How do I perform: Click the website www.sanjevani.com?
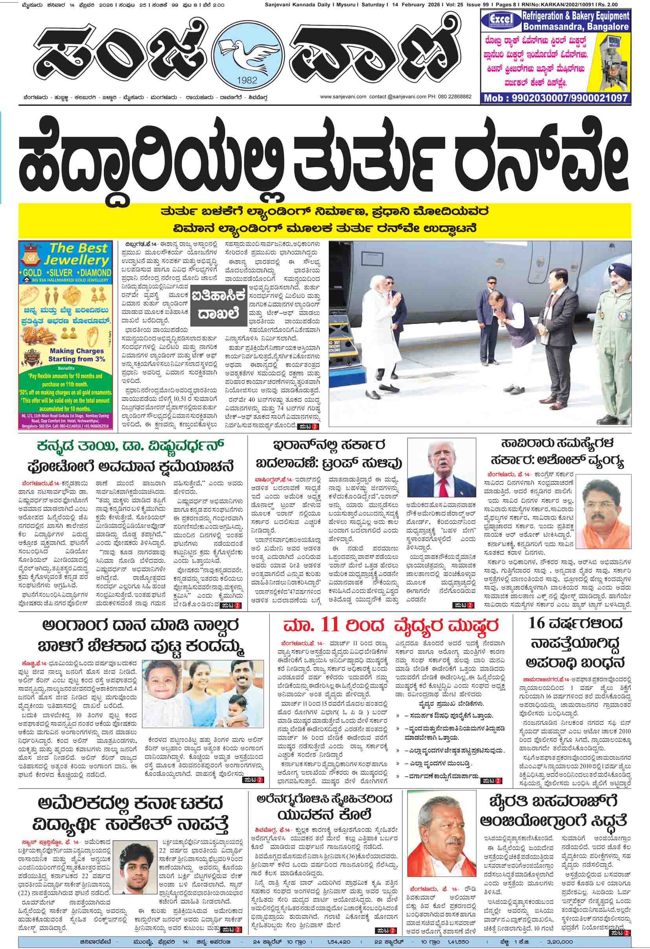(343, 97)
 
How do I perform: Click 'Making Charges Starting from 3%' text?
(77, 355)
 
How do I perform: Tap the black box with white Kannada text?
(220, 302)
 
